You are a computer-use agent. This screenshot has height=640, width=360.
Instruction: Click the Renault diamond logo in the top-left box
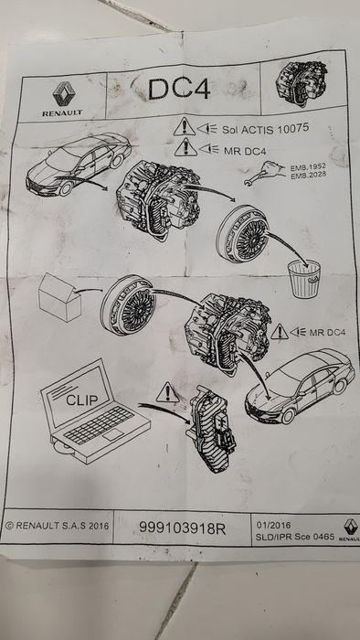click(63, 91)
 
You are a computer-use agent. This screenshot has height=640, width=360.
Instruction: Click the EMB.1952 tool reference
click(307, 178)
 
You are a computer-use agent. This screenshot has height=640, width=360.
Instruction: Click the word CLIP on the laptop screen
click(84, 400)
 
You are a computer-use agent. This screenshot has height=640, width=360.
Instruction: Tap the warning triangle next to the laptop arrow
click(166, 394)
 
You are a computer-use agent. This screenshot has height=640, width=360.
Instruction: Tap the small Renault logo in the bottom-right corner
click(348, 527)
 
